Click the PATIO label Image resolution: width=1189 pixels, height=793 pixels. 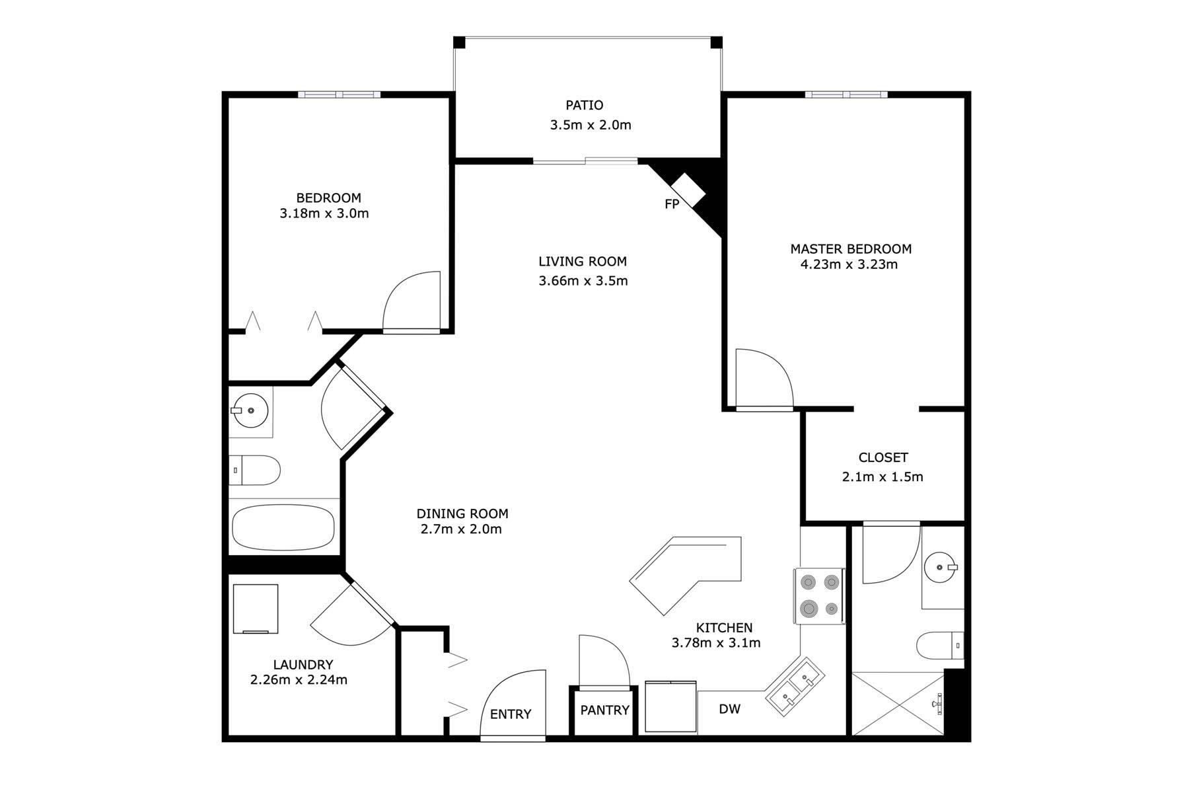click(x=584, y=105)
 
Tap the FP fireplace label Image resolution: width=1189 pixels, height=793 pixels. click(x=672, y=204)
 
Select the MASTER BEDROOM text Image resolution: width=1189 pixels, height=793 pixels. click(x=851, y=249)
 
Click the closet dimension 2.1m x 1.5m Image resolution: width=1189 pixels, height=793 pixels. click(x=883, y=476)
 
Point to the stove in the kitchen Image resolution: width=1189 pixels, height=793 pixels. click(x=819, y=595)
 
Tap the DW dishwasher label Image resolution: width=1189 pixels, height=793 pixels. click(x=730, y=709)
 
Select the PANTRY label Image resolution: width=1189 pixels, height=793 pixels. click(x=605, y=710)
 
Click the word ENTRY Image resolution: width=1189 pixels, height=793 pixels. click(x=511, y=714)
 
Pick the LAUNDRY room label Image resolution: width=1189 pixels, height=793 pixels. click(x=303, y=665)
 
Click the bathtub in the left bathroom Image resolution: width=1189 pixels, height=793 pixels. click(x=283, y=527)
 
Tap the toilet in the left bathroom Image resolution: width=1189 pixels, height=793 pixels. click(x=255, y=470)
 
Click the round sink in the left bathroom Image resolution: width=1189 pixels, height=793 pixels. click(x=251, y=410)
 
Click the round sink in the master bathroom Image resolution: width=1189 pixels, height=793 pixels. click(x=940, y=567)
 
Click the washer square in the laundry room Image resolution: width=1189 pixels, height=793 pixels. click(x=256, y=609)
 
